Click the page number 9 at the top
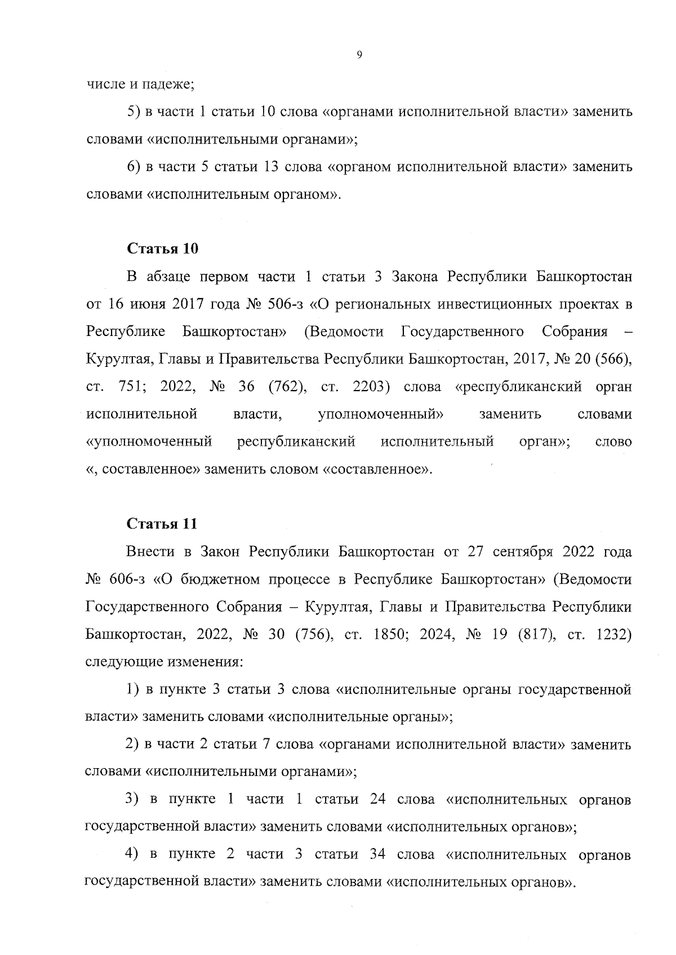point(359,55)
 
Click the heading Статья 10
point(162,249)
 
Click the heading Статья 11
point(162,524)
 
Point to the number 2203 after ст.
point(371,387)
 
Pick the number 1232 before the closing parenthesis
point(611,634)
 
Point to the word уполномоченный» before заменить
point(380,415)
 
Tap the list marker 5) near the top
point(133,112)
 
